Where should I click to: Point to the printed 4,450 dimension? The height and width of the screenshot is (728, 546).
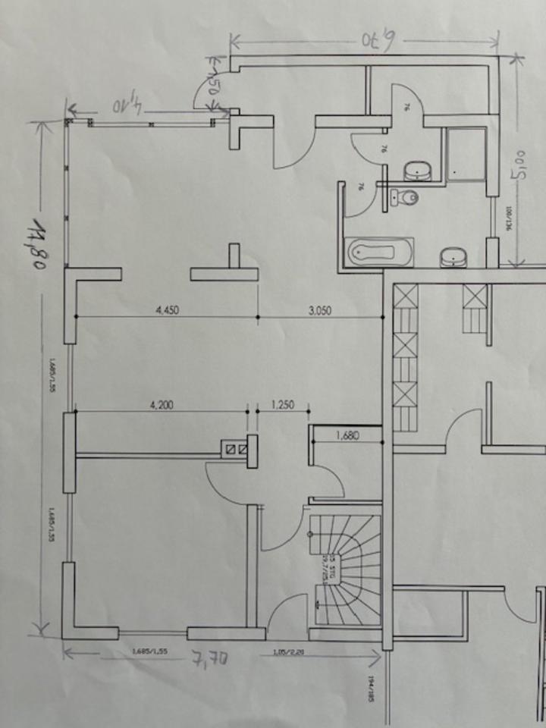168,309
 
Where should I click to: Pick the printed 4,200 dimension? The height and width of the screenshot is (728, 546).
161,405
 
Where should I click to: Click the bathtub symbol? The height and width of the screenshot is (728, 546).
378,253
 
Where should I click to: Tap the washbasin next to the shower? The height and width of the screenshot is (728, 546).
417,171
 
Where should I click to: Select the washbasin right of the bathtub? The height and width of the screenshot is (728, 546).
454,257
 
